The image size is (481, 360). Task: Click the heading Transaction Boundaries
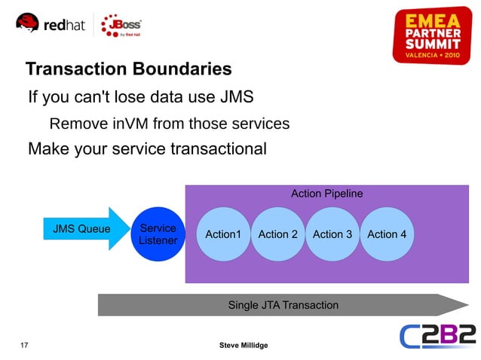(x=128, y=70)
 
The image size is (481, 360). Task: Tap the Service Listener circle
(x=158, y=234)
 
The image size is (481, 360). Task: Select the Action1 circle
(x=222, y=234)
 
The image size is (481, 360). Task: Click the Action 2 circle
(x=277, y=234)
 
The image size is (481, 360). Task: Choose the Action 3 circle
(x=332, y=234)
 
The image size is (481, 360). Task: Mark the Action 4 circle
(x=387, y=234)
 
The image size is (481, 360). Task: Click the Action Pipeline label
(x=326, y=194)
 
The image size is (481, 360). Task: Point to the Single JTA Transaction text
(x=283, y=305)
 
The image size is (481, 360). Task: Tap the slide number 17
(x=24, y=345)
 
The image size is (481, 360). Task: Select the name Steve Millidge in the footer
(x=243, y=345)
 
